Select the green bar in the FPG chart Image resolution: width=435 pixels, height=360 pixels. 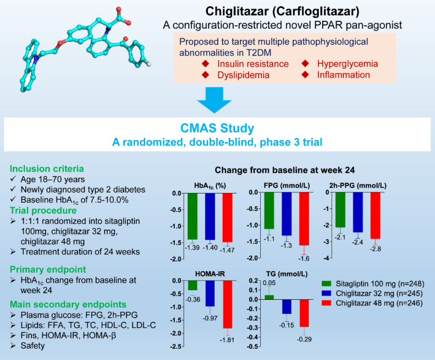(x=269, y=210)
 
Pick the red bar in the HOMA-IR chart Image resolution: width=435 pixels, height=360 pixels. (x=227, y=304)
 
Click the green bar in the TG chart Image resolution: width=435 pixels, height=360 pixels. (x=269, y=297)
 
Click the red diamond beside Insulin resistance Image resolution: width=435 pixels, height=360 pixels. (x=206, y=64)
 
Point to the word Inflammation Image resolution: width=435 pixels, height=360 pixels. (x=344, y=75)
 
